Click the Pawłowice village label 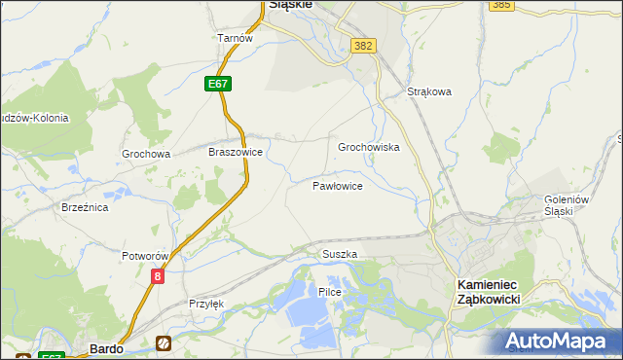coord(338,185)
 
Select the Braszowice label coord(236,152)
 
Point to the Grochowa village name coord(146,154)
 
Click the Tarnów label coord(235,38)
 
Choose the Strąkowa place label coord(429,92)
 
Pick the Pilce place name coord(330,292)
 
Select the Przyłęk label coord(206,304)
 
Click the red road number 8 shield coord(158,277)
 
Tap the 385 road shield coord(501,5)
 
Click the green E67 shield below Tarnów coord(218,85)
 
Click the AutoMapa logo coord(557,342)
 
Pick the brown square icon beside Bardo coord(163,342)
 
